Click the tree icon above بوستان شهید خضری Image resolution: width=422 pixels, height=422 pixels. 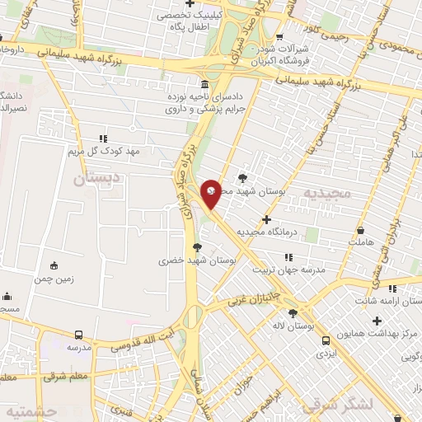click(x=196, y=246)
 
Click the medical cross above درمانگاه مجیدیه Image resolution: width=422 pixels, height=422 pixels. click(x=266, y=219)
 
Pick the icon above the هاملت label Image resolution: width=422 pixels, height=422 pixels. click(x=360, y=231)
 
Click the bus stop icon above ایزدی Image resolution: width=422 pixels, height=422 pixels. click(x=326, y=340)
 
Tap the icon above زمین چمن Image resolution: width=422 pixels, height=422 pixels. click(x=54, y=265)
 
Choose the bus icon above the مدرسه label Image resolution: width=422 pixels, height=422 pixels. click(x=78, y=335)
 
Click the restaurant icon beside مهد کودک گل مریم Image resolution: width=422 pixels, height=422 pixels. click(x=103, y=138)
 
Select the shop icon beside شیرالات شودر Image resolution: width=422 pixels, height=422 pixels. click(x=280, y=36)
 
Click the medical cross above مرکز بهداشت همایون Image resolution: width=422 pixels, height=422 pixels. click(x=377, y=321)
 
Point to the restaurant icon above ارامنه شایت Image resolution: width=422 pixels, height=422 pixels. click(x=393, y=288)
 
